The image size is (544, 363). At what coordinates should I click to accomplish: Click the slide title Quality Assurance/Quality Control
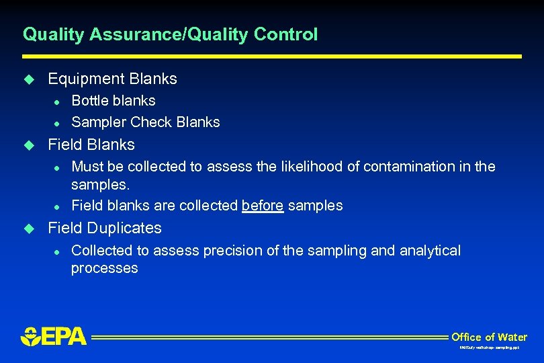(x=170, y=34)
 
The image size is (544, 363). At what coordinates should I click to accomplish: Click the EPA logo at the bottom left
(x=54, y=336)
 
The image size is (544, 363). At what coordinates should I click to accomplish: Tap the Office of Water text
(x=489, y=337)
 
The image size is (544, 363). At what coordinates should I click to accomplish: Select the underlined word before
(x=262, y=206)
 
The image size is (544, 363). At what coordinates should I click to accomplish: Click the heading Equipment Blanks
(x=112, y=79)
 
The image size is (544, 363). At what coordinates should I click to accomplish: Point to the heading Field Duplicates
(x=104, y=228)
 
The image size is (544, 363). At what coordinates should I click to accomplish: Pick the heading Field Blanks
(x=91, y=145)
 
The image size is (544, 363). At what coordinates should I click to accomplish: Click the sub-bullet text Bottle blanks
(x=113, y=101)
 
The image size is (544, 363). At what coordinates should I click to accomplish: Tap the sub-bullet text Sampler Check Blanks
(x=145, y=122)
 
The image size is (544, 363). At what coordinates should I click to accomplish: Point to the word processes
(x=104, y=268)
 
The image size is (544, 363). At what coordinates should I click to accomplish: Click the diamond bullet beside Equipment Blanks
(x=28, y=79)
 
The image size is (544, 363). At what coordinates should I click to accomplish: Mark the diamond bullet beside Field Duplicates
(x=28, y=229)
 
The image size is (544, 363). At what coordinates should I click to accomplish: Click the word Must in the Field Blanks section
(x=87, y=166)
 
